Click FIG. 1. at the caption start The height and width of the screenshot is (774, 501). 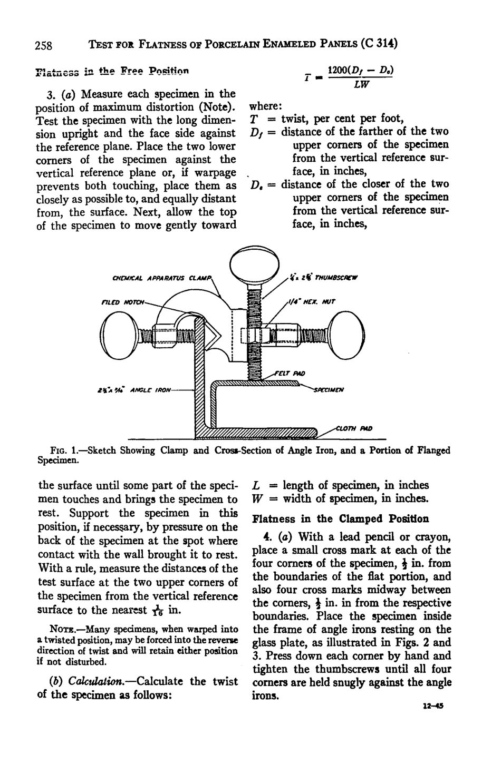pos(63,450)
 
